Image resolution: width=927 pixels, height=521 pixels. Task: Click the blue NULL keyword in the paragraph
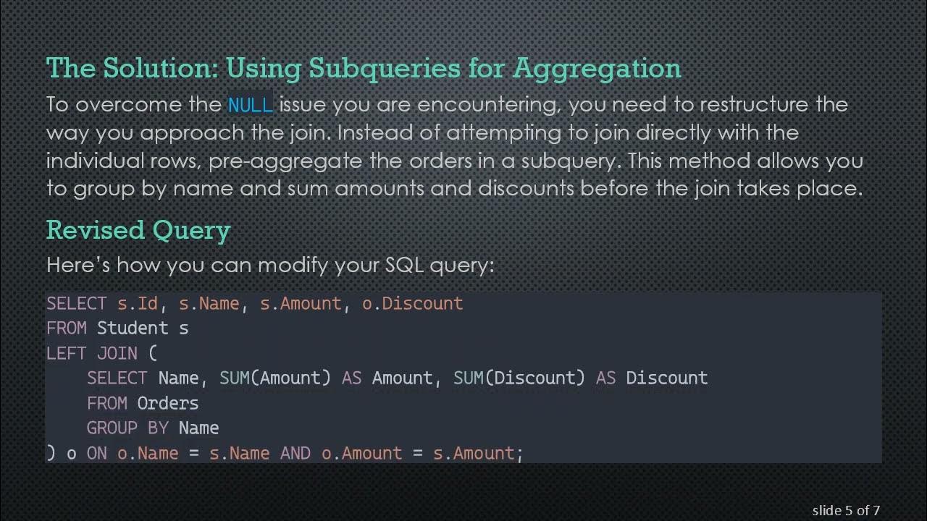pyautogui.click(x=250, y=105)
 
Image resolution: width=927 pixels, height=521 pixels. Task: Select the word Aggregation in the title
pyautogui.click(x=597, y=68)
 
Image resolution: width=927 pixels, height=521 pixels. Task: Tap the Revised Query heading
pyautogui.click(x=138, y=230)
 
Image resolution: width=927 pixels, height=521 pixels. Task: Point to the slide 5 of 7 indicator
pyautogui.click(x=846, y=510)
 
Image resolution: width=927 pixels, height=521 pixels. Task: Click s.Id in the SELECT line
pyautogui.click(x=138, y=303)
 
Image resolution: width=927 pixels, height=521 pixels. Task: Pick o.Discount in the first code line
pyautogui.click(x=412, y=303)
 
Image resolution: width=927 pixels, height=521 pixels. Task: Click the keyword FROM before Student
pyautogui.click(x=67, y=329)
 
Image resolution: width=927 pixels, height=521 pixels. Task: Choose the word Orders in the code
pyautogui.click(x=167, y=403)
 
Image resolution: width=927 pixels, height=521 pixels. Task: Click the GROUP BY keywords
pyautogui.click(x=127, y=428)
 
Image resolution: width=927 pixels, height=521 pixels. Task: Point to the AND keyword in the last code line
pyautogui.click(x=295, y=454)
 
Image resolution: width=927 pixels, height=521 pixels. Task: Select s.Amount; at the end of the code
pyautogui.click(x=478, y=454)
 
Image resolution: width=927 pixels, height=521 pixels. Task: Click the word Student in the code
pyautogui.click(x=133, y=329)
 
